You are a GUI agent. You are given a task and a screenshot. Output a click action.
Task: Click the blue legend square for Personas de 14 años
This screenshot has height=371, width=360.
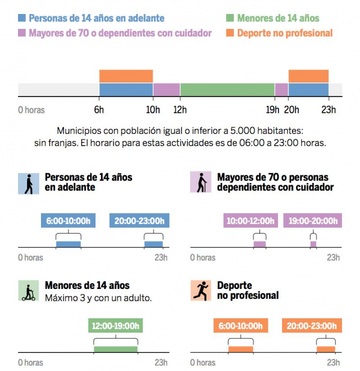click(x=22, y=18)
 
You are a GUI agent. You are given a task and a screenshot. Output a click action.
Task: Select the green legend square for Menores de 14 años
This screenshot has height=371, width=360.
click(x=230, y=18)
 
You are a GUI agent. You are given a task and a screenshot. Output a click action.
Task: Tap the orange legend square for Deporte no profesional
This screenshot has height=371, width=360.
click(x=230, y=33)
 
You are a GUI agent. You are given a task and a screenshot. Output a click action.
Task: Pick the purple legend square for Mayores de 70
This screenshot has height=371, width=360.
click(x=22, y=33)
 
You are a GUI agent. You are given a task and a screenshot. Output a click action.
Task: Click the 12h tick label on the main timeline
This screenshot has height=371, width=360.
click(x=180, y=110)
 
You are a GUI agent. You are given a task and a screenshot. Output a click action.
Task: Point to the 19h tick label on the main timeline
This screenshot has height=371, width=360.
click(x=272, y=110)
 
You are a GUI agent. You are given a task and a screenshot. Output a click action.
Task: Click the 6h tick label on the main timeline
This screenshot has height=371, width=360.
click(x=99, y=110)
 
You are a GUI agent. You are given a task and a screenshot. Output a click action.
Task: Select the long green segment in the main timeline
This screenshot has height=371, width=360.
click(x=227, y=89)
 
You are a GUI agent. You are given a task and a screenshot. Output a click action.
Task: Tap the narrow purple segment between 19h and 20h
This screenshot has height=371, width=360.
click(x=281, y=89)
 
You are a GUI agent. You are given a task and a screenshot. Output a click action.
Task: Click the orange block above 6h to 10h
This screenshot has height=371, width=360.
click(x=126, y=76)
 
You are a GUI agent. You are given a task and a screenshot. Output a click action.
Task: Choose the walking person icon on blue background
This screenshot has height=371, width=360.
click(x=28, y=183)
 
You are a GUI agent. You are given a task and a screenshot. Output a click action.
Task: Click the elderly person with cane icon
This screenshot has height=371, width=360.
click(x=201, y=182)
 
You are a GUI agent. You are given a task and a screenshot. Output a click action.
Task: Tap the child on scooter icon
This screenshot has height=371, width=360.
click(x=28, y=290)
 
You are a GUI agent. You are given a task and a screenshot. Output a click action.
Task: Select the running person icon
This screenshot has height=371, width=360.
click(x=201, y=290)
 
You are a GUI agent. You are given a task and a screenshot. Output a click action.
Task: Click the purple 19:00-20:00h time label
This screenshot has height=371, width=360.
click(x=312, y=220)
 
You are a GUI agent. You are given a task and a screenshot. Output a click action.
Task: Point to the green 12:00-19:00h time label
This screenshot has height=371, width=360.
click(x=115, y=326)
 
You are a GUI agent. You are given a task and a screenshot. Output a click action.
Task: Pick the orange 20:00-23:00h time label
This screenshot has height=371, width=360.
click(x=312, y=326)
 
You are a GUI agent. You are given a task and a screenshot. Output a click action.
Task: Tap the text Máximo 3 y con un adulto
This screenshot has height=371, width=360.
click(x=98, y=298)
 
